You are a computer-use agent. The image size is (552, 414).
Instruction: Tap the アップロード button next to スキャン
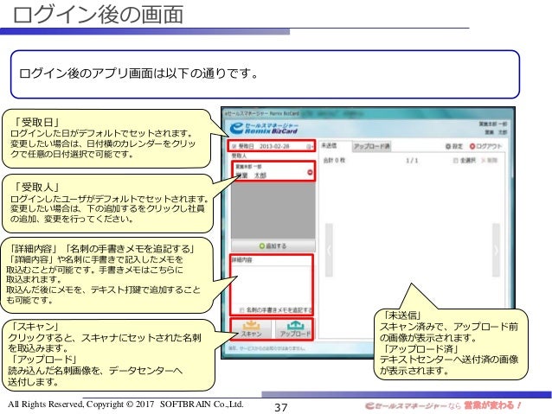[294, 329]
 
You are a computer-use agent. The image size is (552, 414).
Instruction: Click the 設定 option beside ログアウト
[456, 146]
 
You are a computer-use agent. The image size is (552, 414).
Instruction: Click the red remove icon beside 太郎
[310, 174]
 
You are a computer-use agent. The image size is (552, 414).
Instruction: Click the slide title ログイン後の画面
[99, 14]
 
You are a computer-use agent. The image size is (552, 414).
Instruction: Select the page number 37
[280, 406]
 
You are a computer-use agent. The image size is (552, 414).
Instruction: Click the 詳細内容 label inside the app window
[242, 258]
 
